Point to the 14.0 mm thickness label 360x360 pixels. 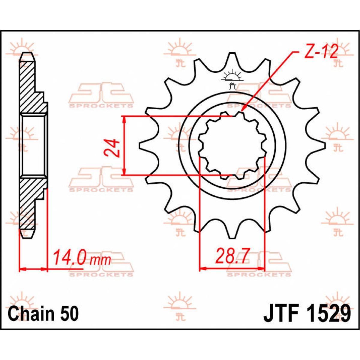coord(82,258)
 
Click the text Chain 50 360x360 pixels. coord(43,313)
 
